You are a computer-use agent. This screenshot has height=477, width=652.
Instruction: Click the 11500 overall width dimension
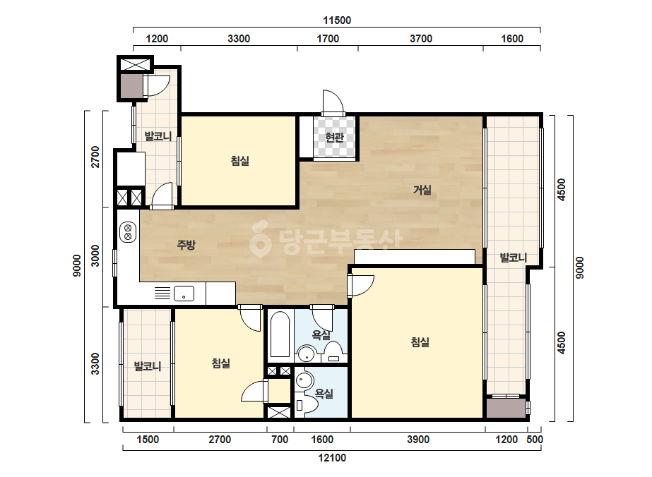[337, 20]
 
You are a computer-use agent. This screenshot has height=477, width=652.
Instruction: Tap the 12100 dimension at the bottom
[332, 458]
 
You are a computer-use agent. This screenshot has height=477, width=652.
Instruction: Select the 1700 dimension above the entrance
[328, 39]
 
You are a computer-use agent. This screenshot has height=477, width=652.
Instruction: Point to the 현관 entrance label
[334, 137]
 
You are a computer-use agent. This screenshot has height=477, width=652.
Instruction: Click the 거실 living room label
[422, 190]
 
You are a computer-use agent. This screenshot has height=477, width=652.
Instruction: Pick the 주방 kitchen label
[186, 245]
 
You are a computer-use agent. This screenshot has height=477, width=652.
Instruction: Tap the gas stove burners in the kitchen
[128, 232]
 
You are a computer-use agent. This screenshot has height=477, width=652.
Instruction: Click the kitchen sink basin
[184, 294]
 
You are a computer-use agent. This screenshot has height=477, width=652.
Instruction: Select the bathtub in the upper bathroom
[280, 334]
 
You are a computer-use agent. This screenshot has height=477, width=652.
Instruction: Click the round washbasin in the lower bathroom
[304, 380]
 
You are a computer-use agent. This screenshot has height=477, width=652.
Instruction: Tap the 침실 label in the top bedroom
[240, 161]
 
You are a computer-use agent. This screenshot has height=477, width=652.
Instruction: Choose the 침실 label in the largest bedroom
[420, 342]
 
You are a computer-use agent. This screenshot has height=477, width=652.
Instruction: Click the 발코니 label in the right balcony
[513, 258]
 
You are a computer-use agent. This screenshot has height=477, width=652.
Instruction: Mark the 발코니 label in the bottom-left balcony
[147, 366]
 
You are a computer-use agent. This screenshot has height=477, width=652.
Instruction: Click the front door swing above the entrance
[333, 101]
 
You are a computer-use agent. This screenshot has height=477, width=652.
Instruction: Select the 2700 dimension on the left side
[95, 157]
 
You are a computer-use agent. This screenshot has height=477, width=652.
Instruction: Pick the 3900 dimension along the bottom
[418, 440]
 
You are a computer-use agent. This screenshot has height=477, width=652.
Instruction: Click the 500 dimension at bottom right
[535, 440]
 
